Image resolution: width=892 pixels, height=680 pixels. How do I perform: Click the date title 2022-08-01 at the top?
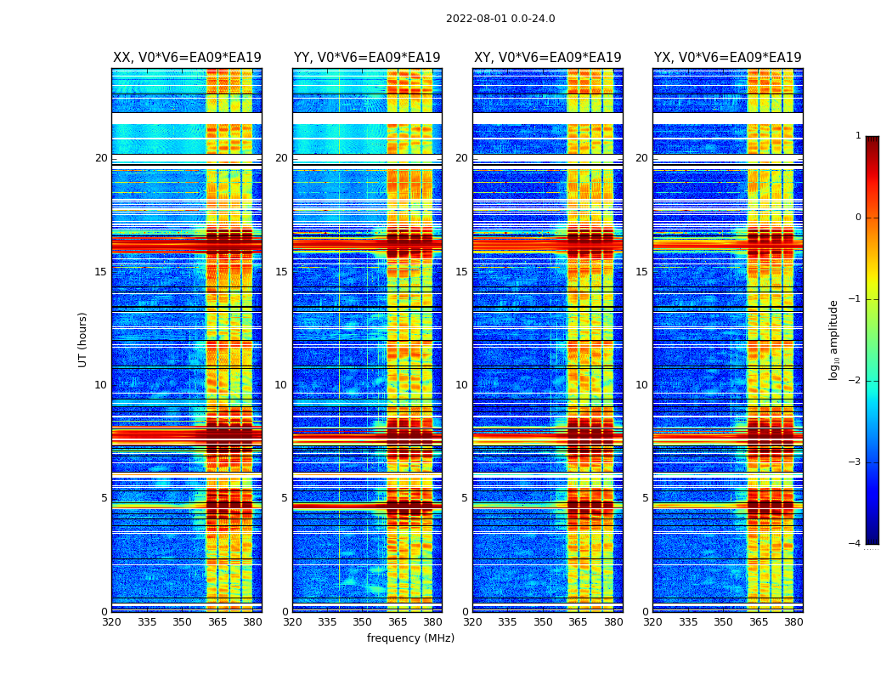pyautogui.click(x=500, y=19)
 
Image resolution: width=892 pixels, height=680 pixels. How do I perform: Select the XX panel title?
pyautogui.click(x=187, y=58)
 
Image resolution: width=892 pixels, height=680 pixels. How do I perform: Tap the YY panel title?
pyautogui.click(x=367, y=58)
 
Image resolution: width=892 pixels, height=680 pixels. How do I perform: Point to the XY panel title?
pyautogui.click(x=547, y=58)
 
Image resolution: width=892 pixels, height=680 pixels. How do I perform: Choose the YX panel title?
pyautogui.click(x=727, y=58)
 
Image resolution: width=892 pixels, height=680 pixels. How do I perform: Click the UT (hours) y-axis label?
pyautogui.click(x=83, y=339)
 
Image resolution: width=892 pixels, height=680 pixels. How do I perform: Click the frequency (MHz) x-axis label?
pyautogui.click(x=410, y=638)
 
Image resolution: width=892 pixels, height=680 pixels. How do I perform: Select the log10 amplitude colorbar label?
pyautogui.click(x=834, y=339)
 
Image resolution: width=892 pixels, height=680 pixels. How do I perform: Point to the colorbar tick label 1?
pyautogui.click(x=858, y=136)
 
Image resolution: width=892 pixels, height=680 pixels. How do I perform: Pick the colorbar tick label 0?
pyautogui.click(x=858, y=218)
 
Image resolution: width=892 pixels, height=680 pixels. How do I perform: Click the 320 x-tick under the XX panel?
pyautogui.click(x=111, y=622)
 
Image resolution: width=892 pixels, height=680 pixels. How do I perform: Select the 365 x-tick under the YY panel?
pyautogui.click(x=398, y=622)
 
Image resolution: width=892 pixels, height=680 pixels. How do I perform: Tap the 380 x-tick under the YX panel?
pyautogui.click(x=793, y=622)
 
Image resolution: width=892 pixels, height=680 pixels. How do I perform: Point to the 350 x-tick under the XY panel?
pyautogui.click(x=543, y=622)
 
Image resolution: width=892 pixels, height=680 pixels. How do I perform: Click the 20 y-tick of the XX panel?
pyautogui.click(x=101, y=158)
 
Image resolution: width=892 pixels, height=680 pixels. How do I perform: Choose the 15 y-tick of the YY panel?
pyautogui.click(x=281, y=272)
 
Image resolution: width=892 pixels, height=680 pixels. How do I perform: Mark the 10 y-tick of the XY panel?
pyautogui.click(x=461, y=385)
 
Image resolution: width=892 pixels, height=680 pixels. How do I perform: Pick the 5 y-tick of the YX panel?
pyautogui.click(x=645, y=498)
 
